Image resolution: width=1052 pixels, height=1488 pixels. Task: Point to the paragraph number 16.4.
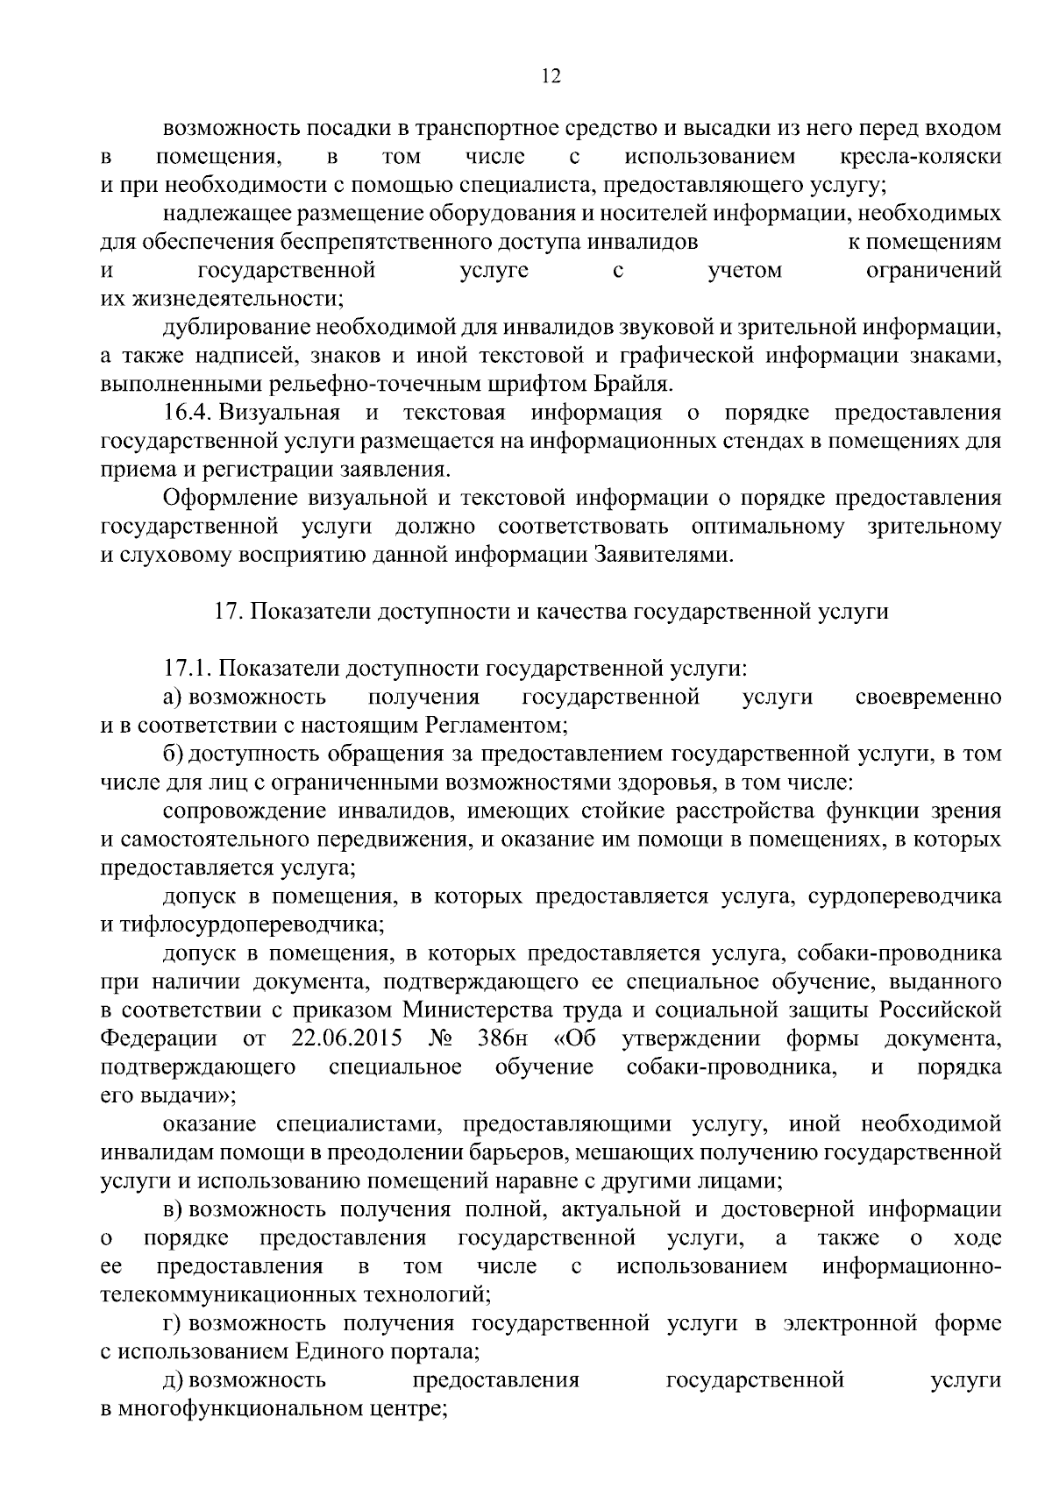[188, 412]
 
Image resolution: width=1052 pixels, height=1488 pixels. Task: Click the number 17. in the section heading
[228, 612]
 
